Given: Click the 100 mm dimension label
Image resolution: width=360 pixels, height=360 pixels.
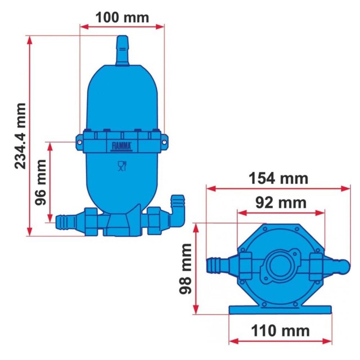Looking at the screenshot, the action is [123, 17].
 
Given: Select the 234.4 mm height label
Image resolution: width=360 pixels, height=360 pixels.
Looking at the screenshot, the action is [20, 136].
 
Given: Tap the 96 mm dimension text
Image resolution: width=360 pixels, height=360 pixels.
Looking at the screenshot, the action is [40, 182].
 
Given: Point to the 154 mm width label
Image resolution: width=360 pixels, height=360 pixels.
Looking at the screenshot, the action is [278, 178].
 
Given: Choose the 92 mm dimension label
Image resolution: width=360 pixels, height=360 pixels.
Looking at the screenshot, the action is [281, 202].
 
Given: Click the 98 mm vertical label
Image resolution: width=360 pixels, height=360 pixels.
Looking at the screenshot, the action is [185, 269].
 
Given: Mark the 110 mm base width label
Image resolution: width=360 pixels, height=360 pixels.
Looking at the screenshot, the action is [280, 331].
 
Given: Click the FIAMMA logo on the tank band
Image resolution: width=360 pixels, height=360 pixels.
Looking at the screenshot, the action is [121, 147].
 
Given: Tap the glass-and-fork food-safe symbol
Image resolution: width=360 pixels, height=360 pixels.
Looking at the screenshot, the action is [122, 166].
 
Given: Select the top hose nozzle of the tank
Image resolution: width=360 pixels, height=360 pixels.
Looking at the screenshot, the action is [123, 51].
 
